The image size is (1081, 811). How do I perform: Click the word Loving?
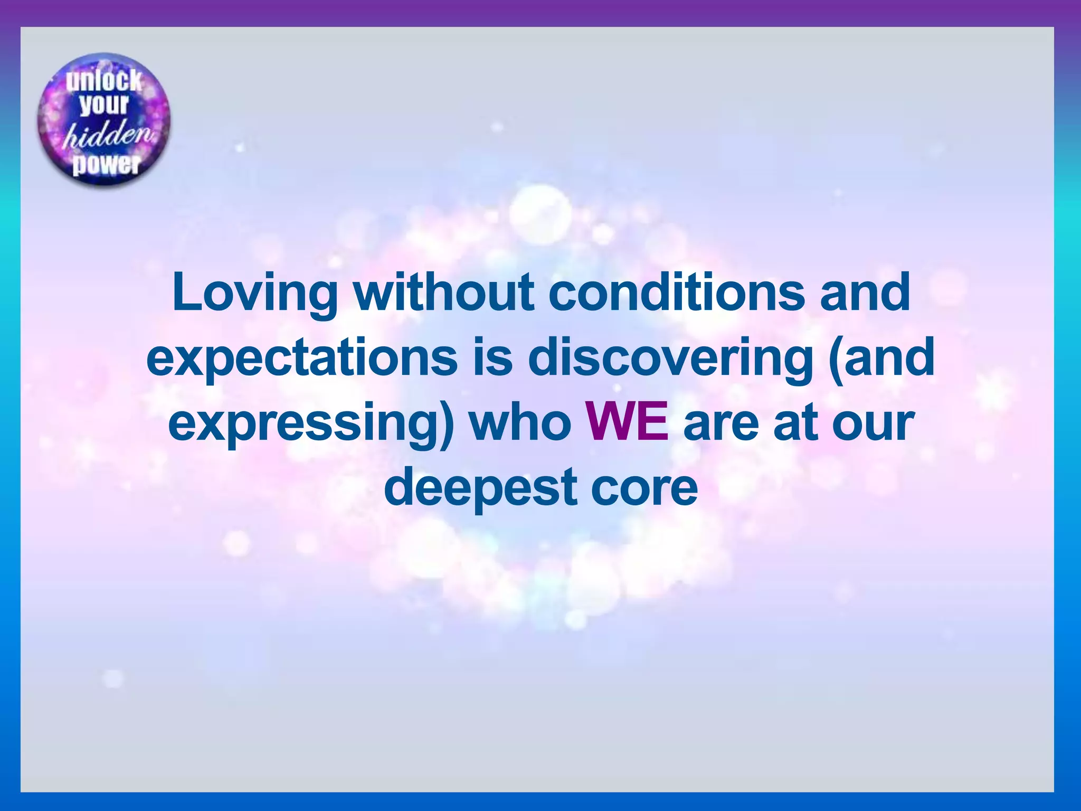254,294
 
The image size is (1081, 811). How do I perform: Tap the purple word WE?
628,422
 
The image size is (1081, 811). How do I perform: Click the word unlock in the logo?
104,81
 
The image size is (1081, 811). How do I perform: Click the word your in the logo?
104,105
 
